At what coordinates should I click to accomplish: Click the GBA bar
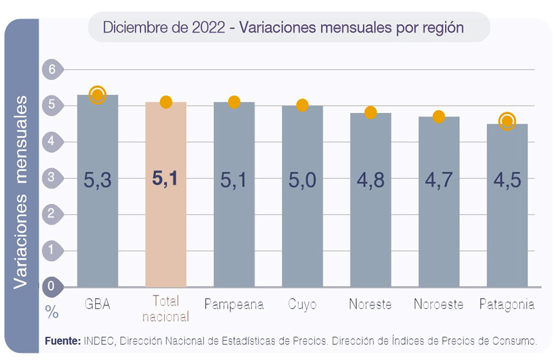98,223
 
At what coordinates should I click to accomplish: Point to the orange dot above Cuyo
302,105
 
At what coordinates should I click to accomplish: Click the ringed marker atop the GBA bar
98,95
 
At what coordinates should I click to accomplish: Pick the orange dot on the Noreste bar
371,112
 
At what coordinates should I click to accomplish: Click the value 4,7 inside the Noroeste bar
439,180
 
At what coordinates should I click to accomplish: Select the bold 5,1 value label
166,179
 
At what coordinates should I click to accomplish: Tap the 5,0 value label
302,180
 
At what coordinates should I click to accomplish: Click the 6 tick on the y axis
52,70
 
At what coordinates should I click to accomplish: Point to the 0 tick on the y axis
51,286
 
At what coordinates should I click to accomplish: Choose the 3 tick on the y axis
52,177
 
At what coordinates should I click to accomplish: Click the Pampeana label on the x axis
234,305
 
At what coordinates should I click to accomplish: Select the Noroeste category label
439,305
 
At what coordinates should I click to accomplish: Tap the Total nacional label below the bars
166,309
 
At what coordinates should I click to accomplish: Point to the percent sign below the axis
52,313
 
